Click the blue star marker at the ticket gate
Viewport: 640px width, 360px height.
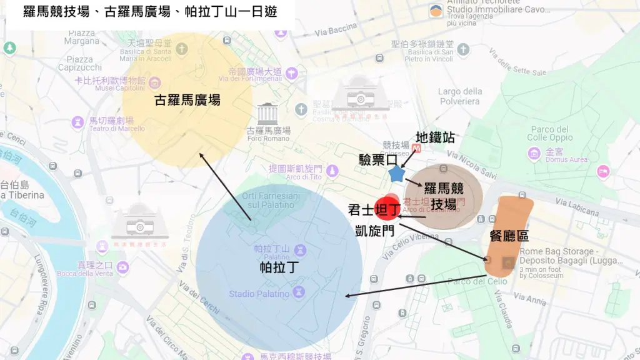click(396, 173)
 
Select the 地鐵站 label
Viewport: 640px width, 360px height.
click(435, 137)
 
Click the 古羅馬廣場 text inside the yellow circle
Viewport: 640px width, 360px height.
click(187, 100)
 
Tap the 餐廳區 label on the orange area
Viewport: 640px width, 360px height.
click(509, 236)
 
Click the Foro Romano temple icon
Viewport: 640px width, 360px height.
click(267, 113)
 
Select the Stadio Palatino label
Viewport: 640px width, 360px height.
click(259, 294)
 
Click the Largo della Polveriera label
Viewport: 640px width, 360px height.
click(459, 96)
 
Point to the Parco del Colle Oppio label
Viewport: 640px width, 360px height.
click(550, 133)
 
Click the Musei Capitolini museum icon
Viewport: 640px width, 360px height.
click(154, 82)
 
